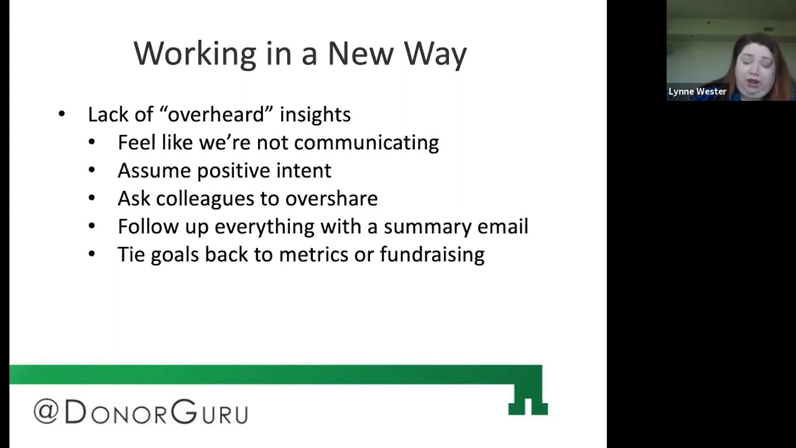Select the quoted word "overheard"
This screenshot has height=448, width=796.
216,114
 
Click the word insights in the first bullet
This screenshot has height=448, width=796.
315,114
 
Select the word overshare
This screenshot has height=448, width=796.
331,198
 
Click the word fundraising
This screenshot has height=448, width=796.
432,254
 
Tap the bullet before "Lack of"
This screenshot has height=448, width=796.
62,114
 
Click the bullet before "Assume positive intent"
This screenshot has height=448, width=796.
91,170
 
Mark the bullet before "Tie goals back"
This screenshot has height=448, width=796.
91,254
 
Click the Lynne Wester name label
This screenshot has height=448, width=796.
697,91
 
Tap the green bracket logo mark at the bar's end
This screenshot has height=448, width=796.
527,399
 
